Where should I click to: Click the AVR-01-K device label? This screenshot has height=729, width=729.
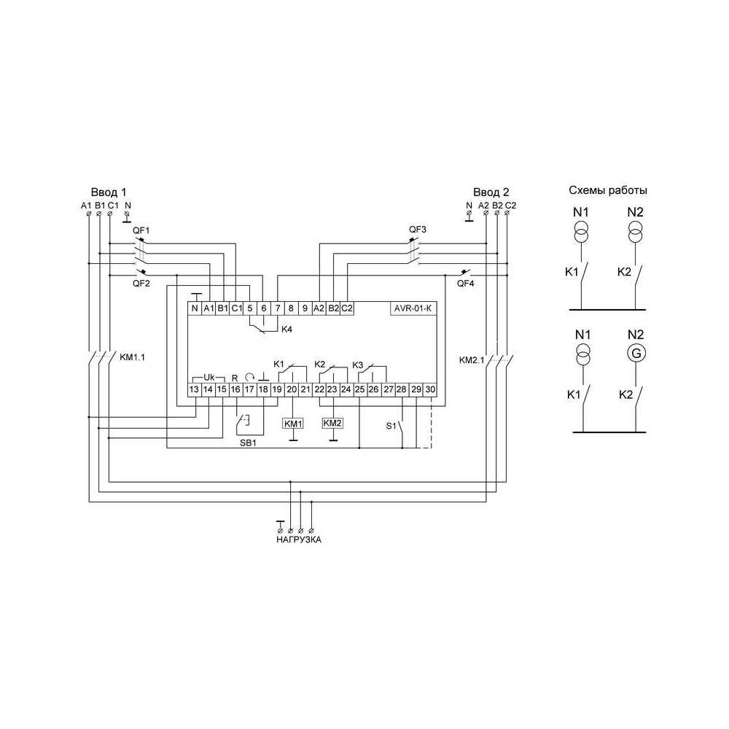tap(413, 308)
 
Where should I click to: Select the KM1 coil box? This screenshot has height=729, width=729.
tap(293, 424)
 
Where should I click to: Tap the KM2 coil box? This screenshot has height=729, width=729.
tap(332, 423)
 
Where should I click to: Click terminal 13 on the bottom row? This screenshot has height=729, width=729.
tap(195, 389)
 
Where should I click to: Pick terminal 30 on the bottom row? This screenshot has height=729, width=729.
tap(431, 389)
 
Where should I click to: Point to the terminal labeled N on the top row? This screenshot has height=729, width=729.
tap(195, 308)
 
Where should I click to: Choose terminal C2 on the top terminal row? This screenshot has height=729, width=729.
tap(347, 308)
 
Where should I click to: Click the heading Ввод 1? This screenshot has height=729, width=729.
tap(109, 192)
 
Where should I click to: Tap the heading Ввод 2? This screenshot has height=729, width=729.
tap(491, 192)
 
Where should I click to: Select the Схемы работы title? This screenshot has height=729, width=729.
tap(608, 190)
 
